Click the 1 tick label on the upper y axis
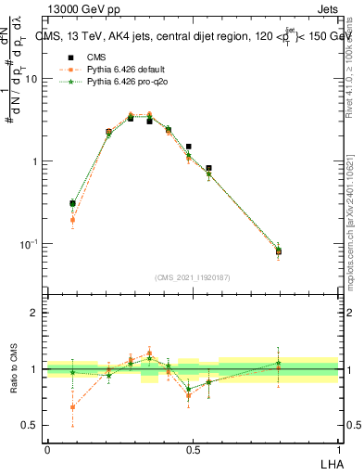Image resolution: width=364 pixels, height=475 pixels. coord(34,161)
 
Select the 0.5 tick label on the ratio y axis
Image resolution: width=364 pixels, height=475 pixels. coord(30,426)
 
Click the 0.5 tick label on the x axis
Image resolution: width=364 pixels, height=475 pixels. coord(193,449)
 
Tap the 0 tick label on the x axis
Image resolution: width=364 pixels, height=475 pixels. coord(47,449)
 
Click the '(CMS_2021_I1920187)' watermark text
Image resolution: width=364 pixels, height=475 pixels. coord(193,277)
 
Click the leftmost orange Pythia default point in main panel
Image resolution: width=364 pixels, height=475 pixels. coord(72,220)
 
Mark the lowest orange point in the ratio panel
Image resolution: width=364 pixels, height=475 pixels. coord(72,407)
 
